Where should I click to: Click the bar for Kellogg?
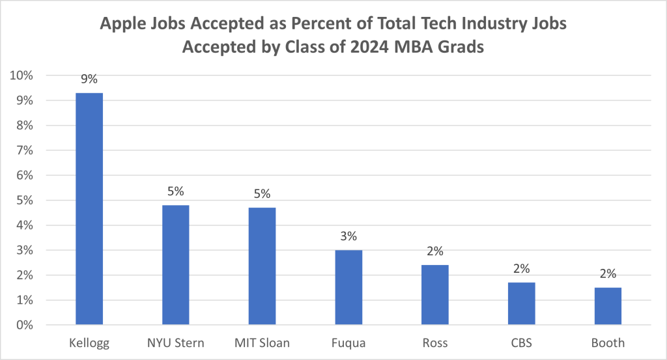(x=89, y=208)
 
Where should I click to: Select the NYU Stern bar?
(x=175, y=265)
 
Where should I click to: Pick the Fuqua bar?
(x=348, y=287)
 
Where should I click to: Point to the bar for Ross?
(x=435, y=295)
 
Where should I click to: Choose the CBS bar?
(x=521, y=303)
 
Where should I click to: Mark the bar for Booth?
(x=608, y=306)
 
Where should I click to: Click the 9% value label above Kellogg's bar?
(x=89, y=79)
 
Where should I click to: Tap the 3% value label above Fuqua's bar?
(x=348, y=236)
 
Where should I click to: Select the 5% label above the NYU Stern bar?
(x=175, y=191)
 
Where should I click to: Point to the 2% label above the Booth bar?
(x=608, y=274)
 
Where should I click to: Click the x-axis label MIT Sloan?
(x=262, y=342)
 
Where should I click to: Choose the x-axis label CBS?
(x=521, y=342)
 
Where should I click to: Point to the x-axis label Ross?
(x=435, y=342)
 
